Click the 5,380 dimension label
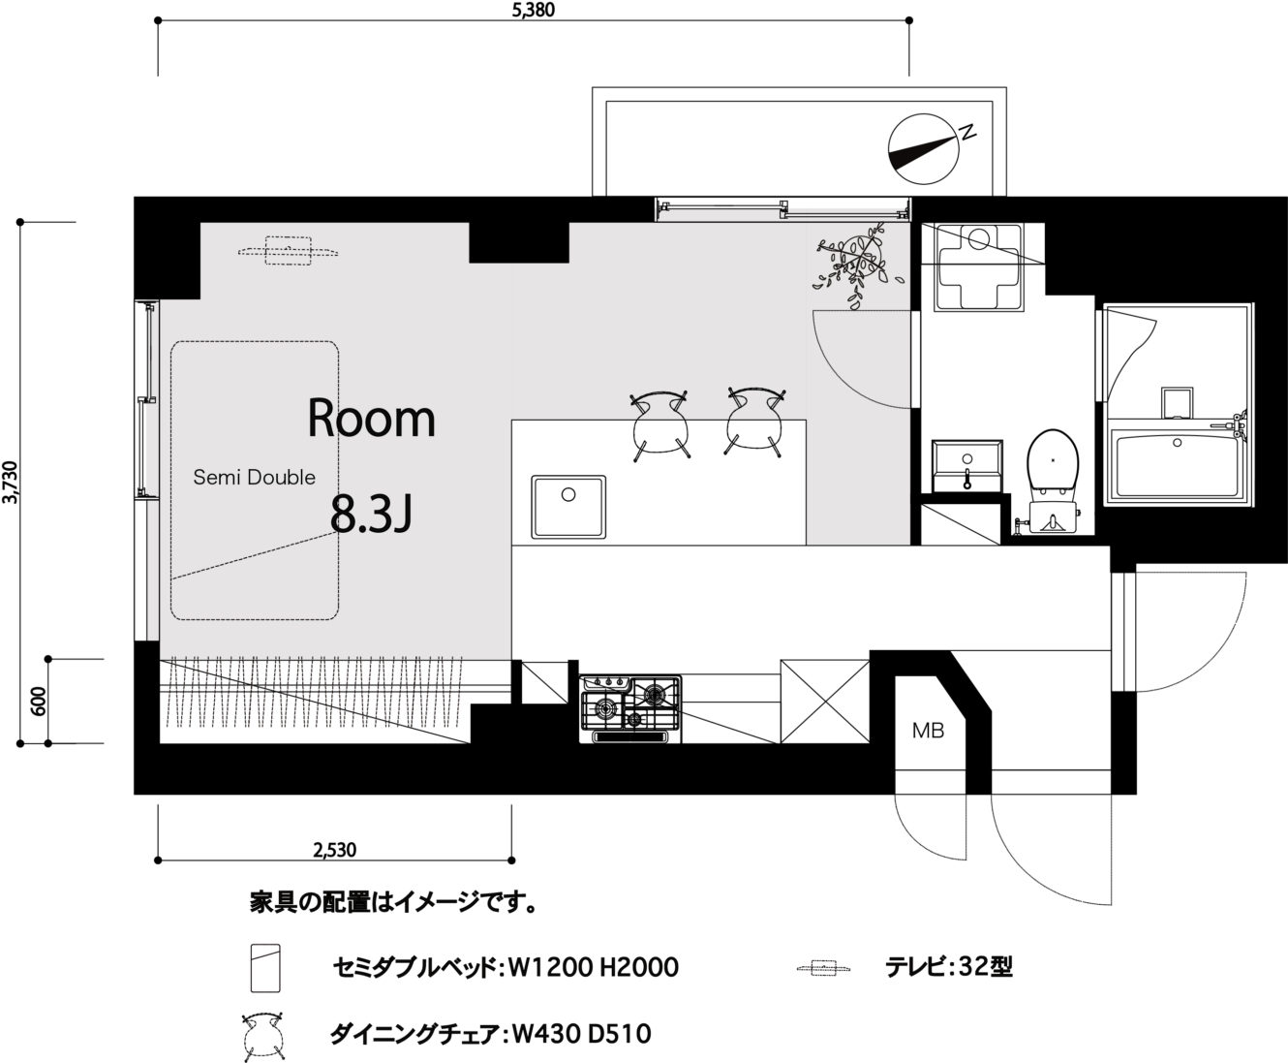pyautogui.click(x=533, y=10)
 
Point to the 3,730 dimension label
pyautogui.click(x=11, y=483)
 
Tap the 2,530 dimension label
pyautogui.click(x=334, y=850)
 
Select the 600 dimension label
pyautogui.click(x=38, y=702)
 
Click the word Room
pyautogui.click(x=371, y=419)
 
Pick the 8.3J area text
pyautogui.click(x=371, y=514)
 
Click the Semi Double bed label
pyautogui.click(x=254, y=477)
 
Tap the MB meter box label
pyautogui.click(x=928, y=731)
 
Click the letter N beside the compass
pyautogui.click(x=967, y=132)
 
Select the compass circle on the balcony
pyautogui.click(x=924, y=149)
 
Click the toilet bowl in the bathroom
pyautogui.click(x=1053, y=470)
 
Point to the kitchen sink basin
pyautogui.click(x=568, y=507)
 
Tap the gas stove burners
pyautogui.click(x=630, y=705)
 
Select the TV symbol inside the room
pyautogui.click(x=288, y=251)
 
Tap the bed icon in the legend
pyautogui.click(x=265, y=968)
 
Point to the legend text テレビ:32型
pyautogui.click(x=949, y=967)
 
